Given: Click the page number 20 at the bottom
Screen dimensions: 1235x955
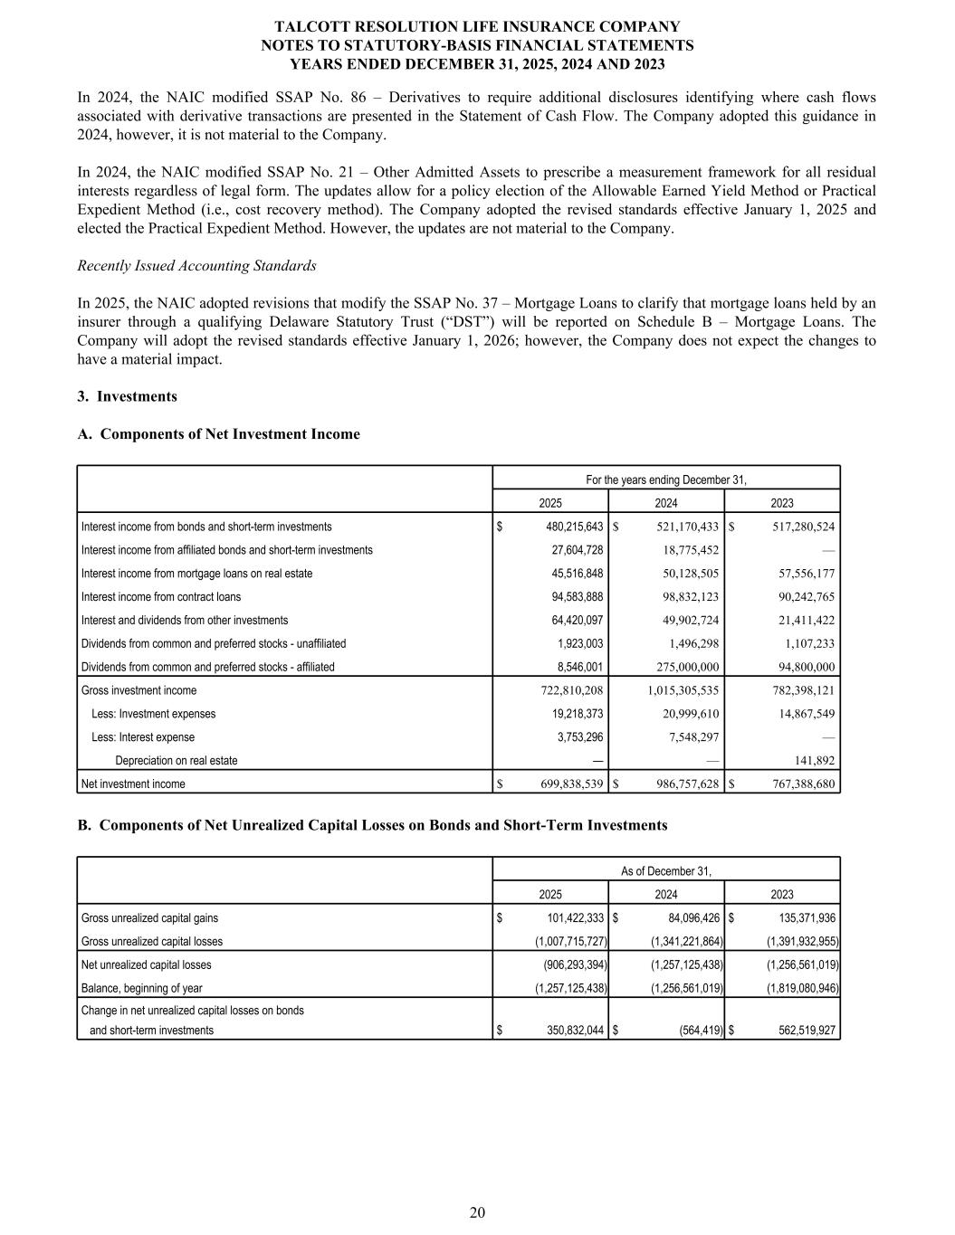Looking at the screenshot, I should click(x=477, y=1212).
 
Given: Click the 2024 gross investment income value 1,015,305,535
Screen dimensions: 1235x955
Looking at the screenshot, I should click(x=671, y=690).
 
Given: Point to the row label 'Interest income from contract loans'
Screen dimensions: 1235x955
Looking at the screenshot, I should click(x=161, y=597).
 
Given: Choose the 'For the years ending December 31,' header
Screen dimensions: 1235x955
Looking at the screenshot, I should click(x=666, y=480).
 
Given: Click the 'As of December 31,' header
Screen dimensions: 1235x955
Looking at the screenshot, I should click(x=666, y=871).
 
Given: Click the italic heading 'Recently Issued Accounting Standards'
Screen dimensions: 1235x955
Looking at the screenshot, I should click(x=197, y=266).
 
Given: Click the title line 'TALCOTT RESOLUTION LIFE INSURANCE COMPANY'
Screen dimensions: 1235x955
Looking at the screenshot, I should click(x=477, y=27).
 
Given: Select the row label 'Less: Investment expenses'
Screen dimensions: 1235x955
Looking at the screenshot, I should click(x=154, y=714).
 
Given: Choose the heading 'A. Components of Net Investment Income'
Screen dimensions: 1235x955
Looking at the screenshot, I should click(x=219, y=434).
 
